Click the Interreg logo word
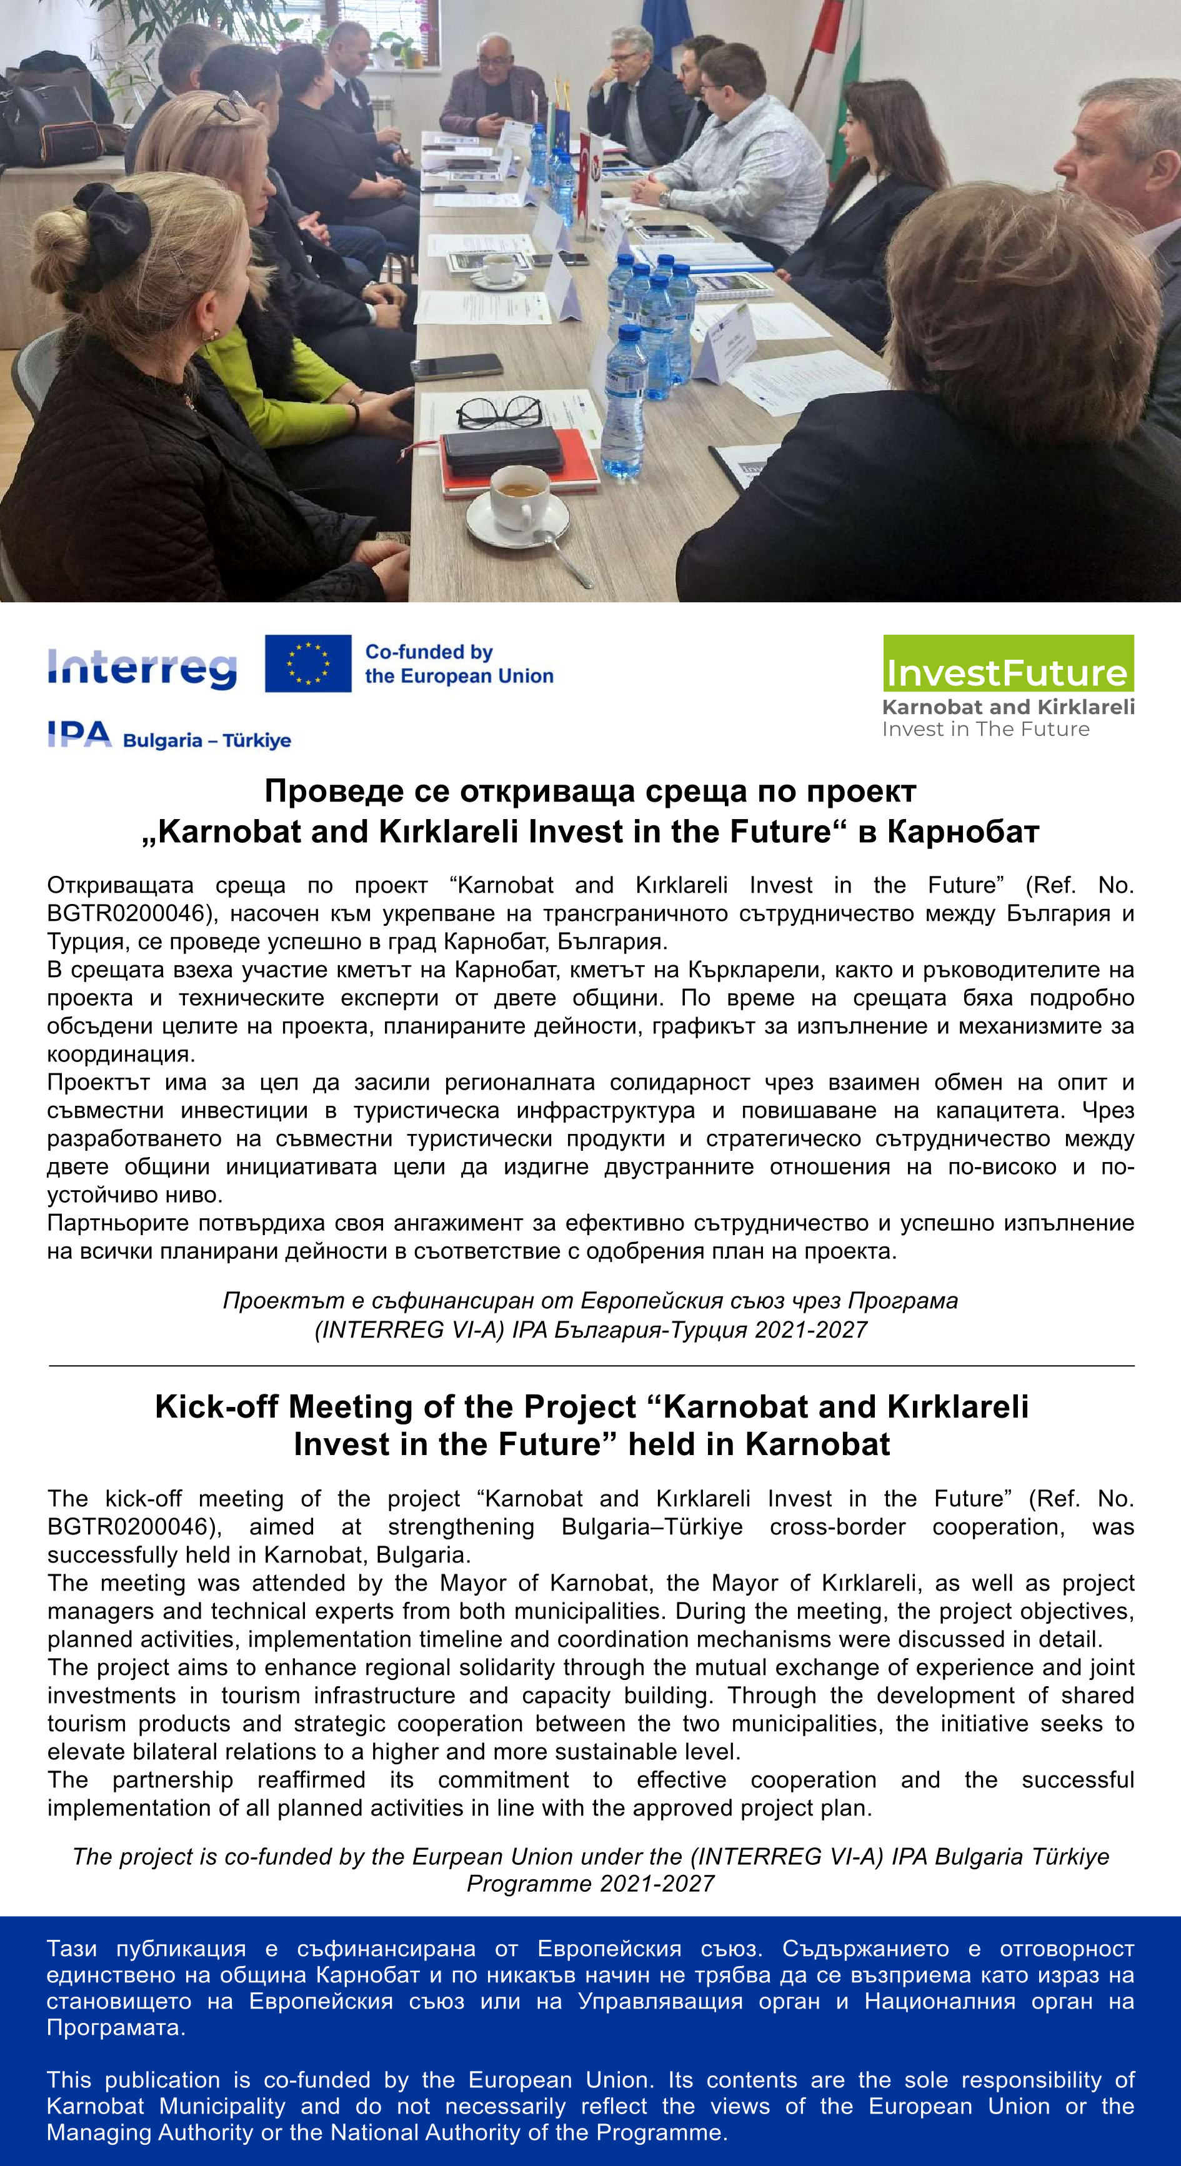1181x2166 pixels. (142, 668)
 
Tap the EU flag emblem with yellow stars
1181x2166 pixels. (308, 663)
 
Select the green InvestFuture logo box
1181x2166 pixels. (1008, 663)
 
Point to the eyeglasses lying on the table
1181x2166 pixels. (498, 412)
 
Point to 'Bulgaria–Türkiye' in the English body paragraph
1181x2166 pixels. (652, 1526)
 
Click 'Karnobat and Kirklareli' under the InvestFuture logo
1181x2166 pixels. (1008, 707)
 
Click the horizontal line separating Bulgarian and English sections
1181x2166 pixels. (590, 1366)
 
